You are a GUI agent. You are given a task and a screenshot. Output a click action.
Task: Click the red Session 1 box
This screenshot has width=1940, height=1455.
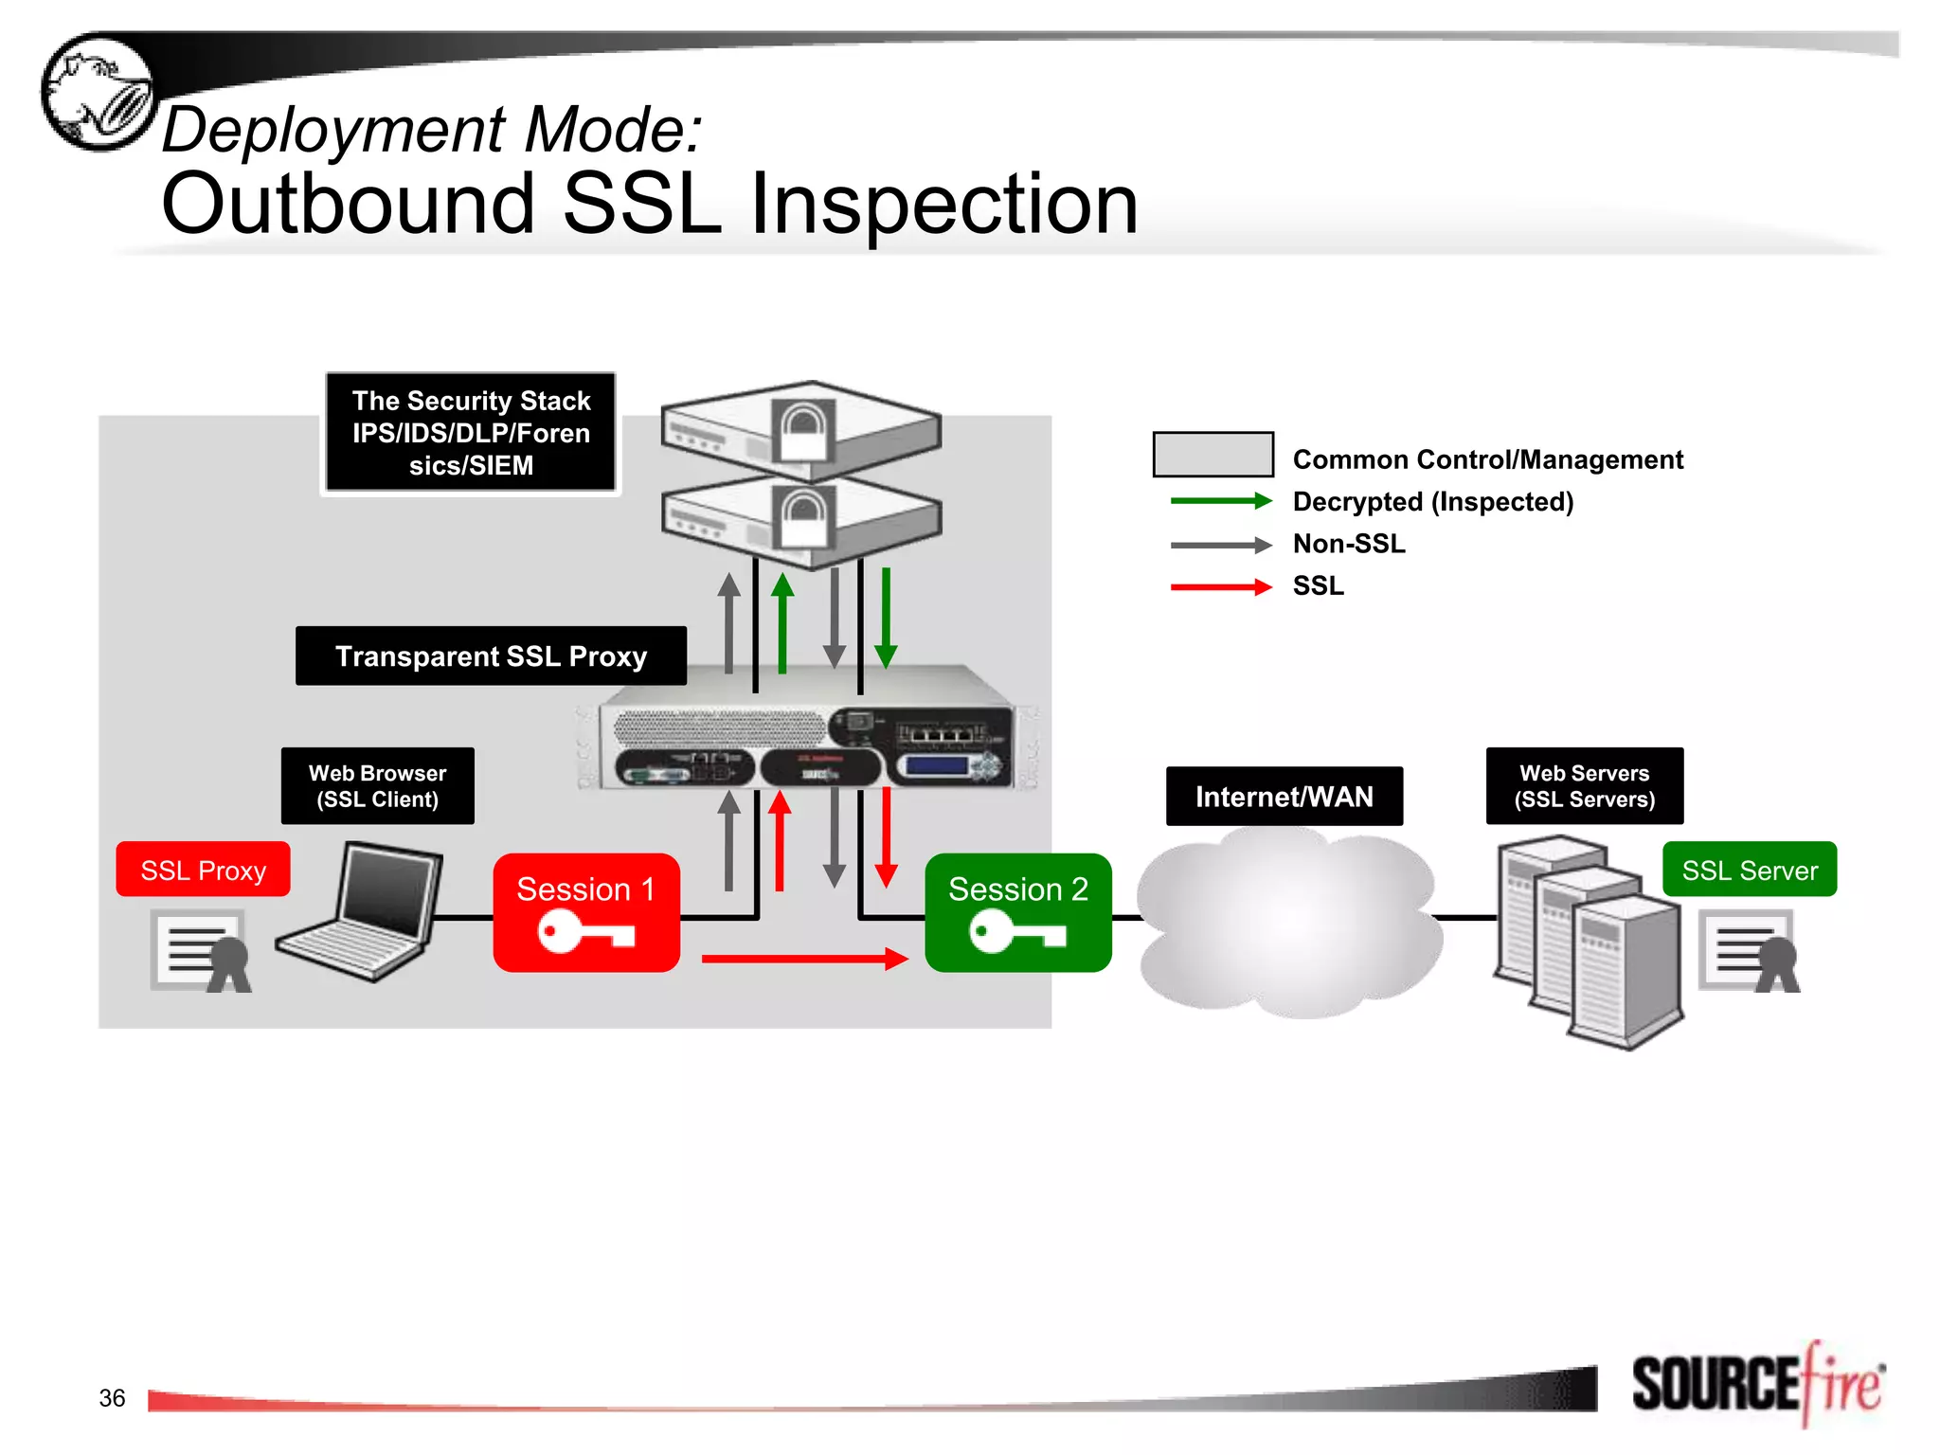[586, 911]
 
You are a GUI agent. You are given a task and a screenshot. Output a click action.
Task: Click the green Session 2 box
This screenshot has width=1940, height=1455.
[1018, 911]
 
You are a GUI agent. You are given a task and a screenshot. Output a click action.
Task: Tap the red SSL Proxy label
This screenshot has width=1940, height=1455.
[203, 870]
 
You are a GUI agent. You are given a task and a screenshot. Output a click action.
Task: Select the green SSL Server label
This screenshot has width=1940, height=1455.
[1749, 870]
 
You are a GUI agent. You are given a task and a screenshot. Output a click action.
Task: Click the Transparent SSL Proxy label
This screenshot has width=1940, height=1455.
[491, 656]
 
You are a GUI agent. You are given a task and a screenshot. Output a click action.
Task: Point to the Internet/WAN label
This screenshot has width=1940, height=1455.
[1284, 796]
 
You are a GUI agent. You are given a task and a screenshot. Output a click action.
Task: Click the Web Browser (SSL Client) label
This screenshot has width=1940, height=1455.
[377, 785]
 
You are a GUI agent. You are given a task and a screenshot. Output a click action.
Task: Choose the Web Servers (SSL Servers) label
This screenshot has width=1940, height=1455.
[1584, 785]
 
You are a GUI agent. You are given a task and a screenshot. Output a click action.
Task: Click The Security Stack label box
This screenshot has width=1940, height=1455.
[471, 432]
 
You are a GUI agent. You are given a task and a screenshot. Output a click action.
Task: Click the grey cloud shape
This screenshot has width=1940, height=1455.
[1288, 924]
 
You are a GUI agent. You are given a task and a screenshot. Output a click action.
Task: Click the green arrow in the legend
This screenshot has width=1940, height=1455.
[1220, 501]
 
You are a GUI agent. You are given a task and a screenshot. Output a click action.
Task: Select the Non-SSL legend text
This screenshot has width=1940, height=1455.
[1348, 544]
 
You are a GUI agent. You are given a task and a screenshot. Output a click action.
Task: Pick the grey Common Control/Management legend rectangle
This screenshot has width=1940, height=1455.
[1212, 455]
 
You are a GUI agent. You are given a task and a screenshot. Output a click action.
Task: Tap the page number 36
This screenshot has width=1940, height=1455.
[112, 1398]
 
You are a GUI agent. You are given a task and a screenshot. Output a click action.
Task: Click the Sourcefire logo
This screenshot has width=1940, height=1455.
[1757, 1384]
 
